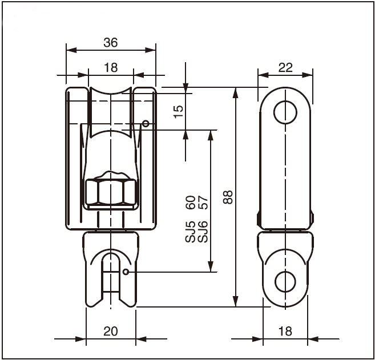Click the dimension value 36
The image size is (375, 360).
pos(111,43)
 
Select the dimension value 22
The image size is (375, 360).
pos(285,68)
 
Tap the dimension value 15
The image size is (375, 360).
pos(179,112)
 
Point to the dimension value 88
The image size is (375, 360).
pos(228,197)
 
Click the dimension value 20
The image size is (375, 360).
pos(111,331)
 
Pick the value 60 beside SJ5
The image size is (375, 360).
pos(191,203)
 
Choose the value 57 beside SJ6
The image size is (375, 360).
pos(203,203)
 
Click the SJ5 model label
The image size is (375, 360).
pos(191,232)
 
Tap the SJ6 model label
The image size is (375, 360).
pos(203,232)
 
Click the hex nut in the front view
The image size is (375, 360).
pos(111,192)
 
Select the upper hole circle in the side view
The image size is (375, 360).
pos(285,112)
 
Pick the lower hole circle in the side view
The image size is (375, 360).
pos(285,282)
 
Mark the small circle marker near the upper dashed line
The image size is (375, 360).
pos(146,124)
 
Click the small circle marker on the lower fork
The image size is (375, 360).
pos(126,272)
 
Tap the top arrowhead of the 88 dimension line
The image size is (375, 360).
pos(236,93)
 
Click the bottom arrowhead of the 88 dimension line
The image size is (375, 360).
pos(236,301)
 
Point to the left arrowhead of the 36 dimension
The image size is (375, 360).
pos(71,50)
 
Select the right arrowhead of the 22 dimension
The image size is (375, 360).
pos(308,75)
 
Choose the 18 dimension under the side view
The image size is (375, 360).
pos(285,331)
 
